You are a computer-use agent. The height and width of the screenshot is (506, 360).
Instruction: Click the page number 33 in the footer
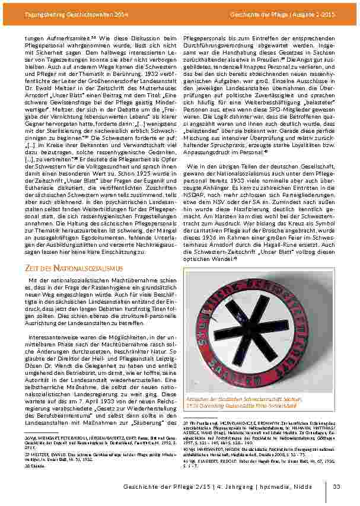337,487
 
